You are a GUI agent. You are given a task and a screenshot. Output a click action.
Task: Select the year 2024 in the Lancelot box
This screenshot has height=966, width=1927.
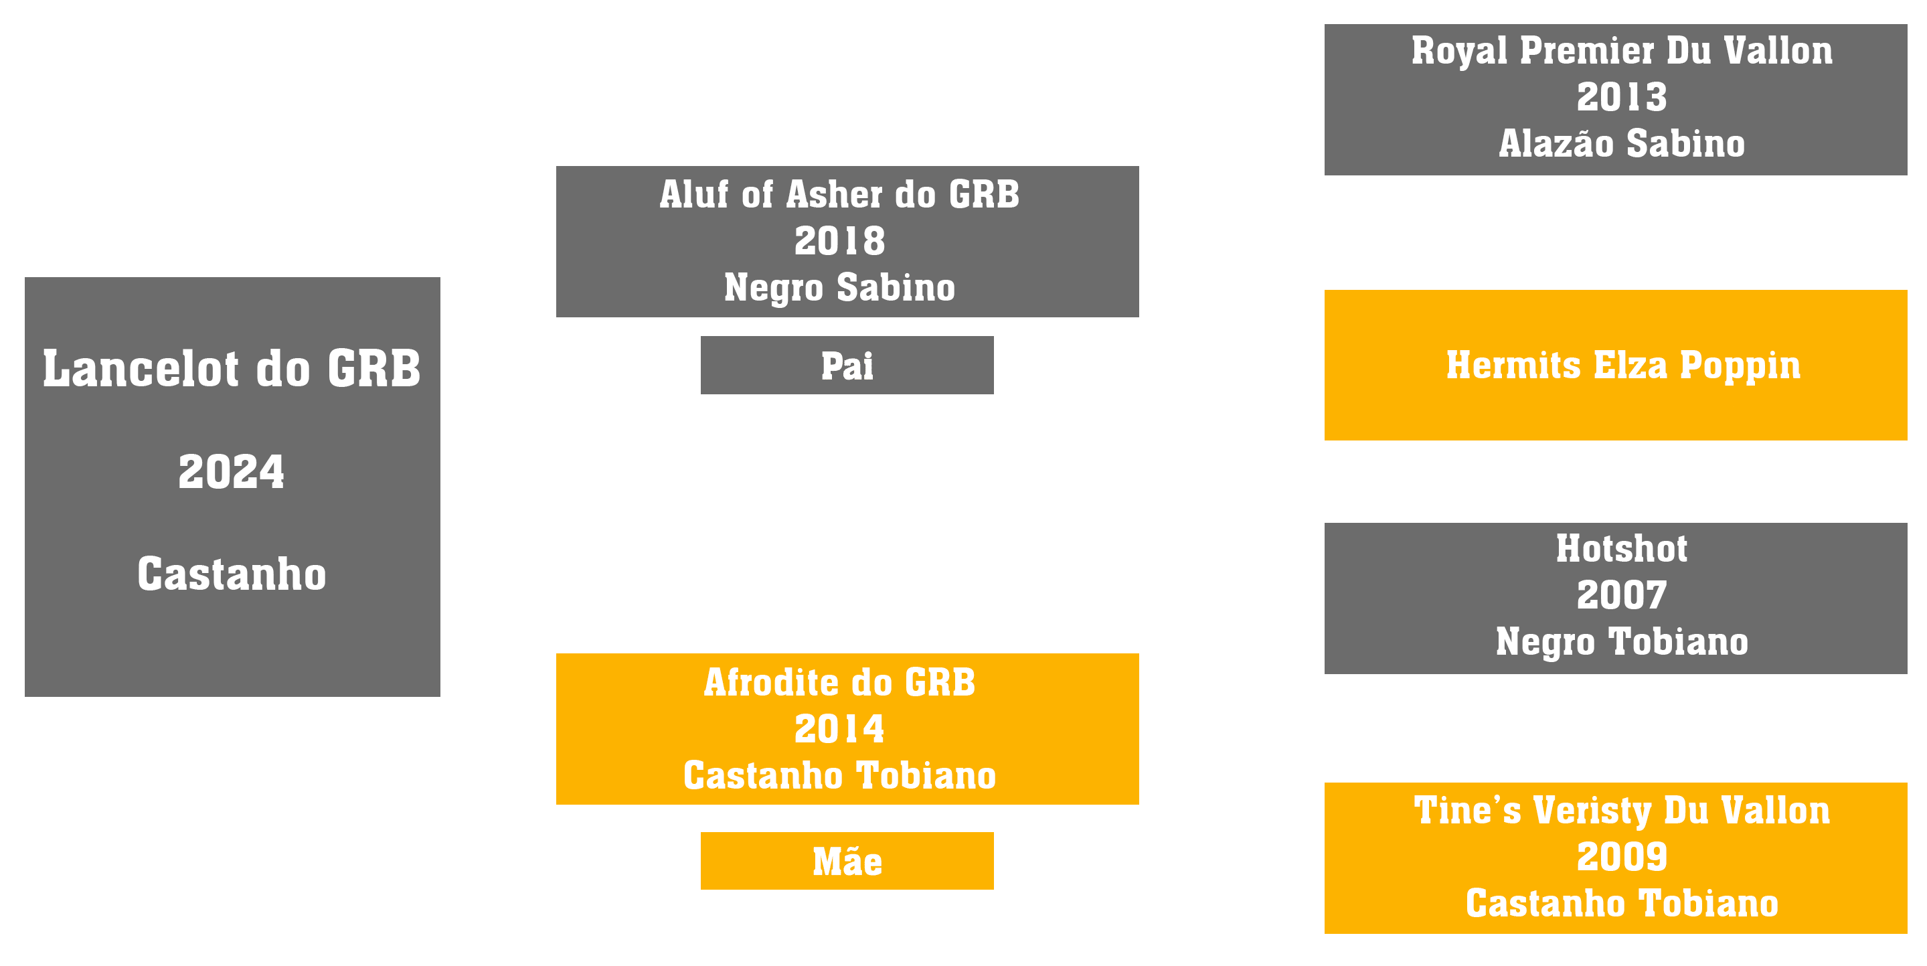tap(232, 471)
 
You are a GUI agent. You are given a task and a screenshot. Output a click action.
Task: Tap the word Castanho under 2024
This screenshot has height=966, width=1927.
tap(232, 574)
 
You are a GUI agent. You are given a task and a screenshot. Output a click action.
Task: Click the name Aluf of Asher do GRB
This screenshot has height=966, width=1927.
tap(839, 195)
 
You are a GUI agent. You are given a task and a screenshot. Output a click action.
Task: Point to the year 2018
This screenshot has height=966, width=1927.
tap(839, 241)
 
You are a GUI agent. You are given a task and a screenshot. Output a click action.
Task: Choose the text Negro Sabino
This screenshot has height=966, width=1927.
tap(839, 287)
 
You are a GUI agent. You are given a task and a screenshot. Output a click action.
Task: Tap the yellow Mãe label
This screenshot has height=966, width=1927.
tap(847, 862)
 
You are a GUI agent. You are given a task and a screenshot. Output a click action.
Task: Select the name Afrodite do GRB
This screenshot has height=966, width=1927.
tap(839, 682)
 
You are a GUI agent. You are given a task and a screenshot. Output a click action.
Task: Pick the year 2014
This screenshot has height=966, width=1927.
tap(839, 729)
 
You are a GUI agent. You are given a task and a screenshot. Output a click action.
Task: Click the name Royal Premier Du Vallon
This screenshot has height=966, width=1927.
tap(1622, 51)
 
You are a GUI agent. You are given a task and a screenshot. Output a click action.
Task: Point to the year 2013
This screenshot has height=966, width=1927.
tap(1622, 97)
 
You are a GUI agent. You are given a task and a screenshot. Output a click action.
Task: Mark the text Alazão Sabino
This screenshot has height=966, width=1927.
tap(1622, 144)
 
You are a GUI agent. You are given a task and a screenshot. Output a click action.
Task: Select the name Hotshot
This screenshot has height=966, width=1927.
tap(1622, 548)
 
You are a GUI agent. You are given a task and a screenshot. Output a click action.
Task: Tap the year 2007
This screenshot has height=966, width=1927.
tap(1622, 596)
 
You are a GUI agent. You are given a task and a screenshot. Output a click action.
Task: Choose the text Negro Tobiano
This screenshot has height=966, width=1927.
tap(1622, 642)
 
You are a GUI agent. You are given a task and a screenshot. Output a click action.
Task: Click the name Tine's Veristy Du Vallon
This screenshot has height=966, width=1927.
tap(1622, 811)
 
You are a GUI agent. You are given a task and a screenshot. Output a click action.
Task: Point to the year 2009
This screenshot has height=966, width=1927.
tap(1622, 857)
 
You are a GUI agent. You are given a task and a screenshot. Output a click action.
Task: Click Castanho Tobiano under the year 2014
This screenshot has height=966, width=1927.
tap(839, 775)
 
